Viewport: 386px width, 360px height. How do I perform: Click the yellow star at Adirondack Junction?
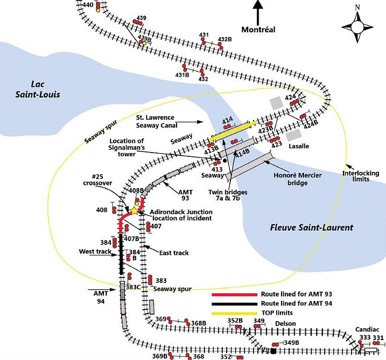coord(134,210)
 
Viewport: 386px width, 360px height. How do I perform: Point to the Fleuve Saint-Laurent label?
coord(311,228)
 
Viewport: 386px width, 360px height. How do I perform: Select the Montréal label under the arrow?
coord(258,29)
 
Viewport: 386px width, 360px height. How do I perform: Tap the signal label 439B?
coord(144,38)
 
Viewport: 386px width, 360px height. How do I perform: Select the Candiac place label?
coord(367,329)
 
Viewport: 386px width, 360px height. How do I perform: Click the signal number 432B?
coord(224,39)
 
